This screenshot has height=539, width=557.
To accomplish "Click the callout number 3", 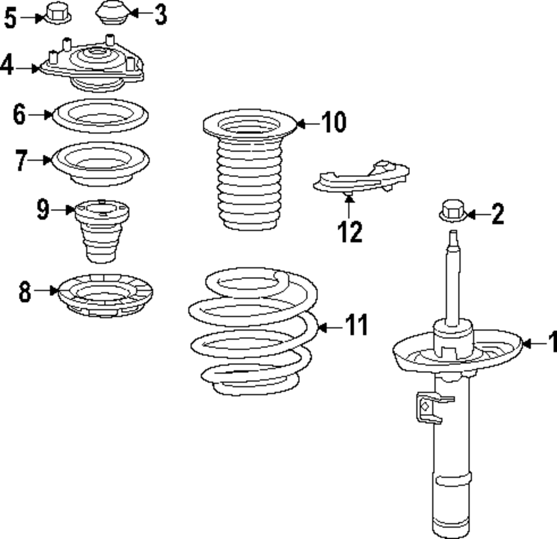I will [x=160, y=14].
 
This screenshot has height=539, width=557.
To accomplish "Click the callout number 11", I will [x=355, y=325].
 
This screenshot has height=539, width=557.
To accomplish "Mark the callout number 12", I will [x=350, y=231].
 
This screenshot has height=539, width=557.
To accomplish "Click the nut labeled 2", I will [x=452, y=211].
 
